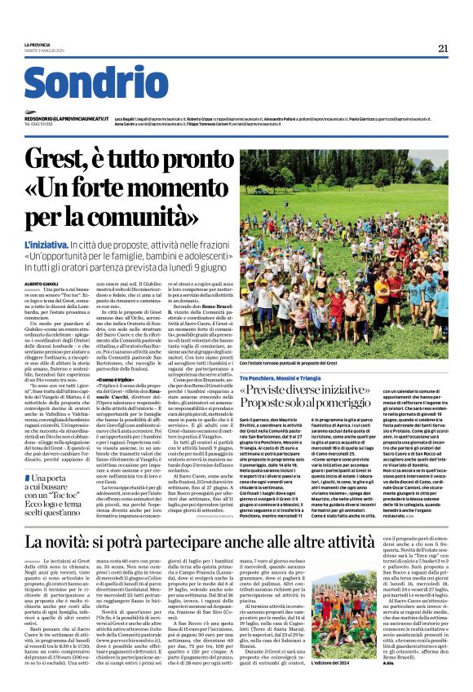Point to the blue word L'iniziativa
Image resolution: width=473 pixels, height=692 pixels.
[x=46, y=244]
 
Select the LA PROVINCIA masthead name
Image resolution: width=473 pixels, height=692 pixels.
[x=38, y=44]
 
